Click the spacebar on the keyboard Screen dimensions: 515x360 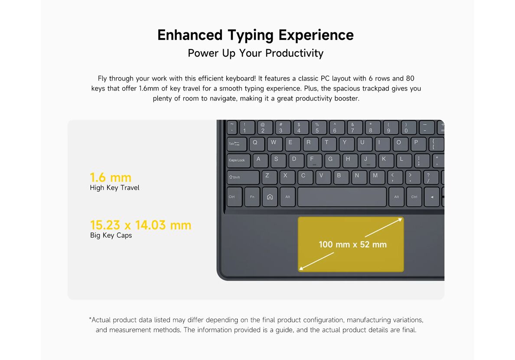tap(342, 197)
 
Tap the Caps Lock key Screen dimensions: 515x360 tap(238, 160)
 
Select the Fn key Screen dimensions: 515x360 tap(252, 197)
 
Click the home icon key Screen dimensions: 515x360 tap(270, 197)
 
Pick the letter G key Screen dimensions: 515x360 tap(331, 160)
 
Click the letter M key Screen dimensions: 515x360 tap(376, 177)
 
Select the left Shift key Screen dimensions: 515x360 tap(243, 177)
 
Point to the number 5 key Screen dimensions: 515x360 tap(318, 127)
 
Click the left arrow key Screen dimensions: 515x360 tap(432, 197)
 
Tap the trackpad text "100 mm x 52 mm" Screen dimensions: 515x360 tap(352, 244)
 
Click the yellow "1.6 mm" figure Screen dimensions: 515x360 tap(111, 178)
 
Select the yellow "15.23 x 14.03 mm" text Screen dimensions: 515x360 tap(140, 225)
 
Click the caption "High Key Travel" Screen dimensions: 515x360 tap(114, 188)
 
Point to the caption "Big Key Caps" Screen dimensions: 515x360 tap(111, 235)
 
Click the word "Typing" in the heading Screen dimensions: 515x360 tap(251, 36)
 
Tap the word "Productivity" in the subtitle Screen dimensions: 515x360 tap(294, 53)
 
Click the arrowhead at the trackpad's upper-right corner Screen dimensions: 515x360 tap(400, 219)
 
